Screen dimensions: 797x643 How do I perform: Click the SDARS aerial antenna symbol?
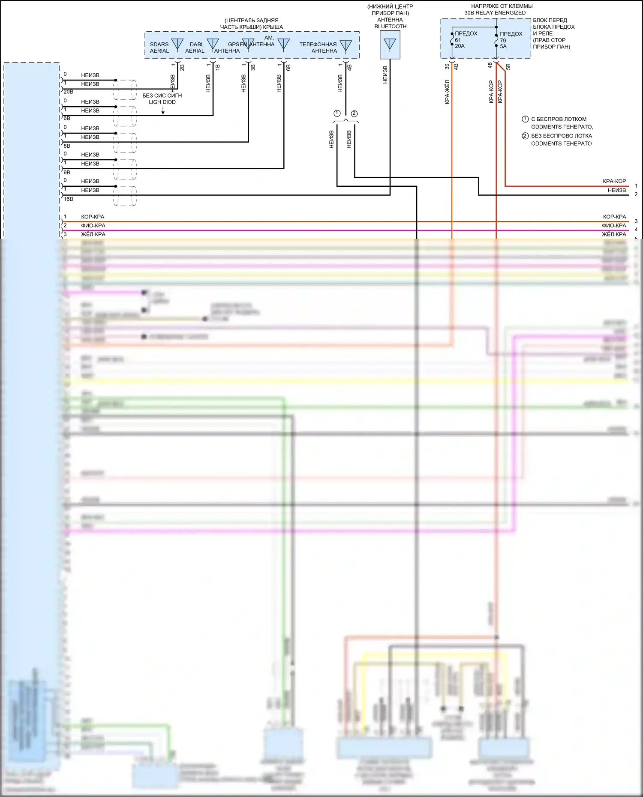pyautogui.click(x=177, y=45)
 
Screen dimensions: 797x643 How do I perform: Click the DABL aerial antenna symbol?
pyautogui.click(x=213, y=45)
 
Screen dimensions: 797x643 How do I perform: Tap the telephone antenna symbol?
pyautogui.click(x=346, y=45)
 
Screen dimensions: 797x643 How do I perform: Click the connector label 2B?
pyautogui.click(x=182, y=67)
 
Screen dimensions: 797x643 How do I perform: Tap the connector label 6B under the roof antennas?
pyautogui.click(x=288, y=67)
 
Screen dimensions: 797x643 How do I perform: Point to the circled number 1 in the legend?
pyautogui.click(x=525, y=119)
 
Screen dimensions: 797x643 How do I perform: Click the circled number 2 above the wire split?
pyautogui.click(x=354, y=113)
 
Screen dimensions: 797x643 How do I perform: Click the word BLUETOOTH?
pyautogui.click(x=390, y=27)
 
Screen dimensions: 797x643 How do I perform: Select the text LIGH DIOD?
pyautogui.click(x=162, y=102)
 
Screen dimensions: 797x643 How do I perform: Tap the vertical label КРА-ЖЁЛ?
pyautogui.click(x=447, y=92)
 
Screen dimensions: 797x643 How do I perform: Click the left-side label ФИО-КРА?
pyautogui.click(x=93, y=226)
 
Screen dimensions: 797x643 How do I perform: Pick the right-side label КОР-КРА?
pyautogui.click(x=614, y=217)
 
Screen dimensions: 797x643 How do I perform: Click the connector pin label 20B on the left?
pyautogui.click(x=68, y=92)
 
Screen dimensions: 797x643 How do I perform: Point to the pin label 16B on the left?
pyautogui.click(x=68, y=199)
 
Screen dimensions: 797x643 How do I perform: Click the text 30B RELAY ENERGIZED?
pyautogui.click(x=495, y=13)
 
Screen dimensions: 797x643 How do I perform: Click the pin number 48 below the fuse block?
pyautogui.click(x=490, y=66)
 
